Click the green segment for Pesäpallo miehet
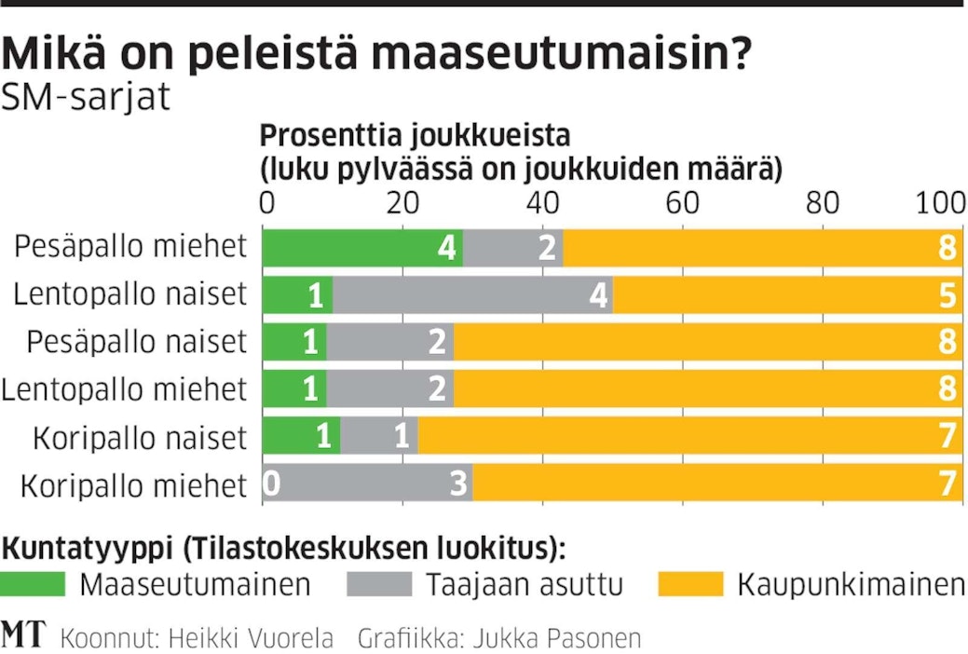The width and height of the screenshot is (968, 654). pos(362,247)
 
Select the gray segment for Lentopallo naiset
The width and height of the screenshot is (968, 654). pos(472,294)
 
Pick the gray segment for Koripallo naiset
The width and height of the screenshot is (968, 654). pos(378,437)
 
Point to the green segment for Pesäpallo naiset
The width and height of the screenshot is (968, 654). pos(294,342)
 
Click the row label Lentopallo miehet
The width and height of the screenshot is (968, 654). pos(125,389)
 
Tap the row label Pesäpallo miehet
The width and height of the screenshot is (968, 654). pos(131,247)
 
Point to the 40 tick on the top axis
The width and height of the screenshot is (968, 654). pos(542,202)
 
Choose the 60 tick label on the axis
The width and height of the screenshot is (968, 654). pos(683,202)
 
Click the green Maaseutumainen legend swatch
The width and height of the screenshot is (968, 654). pos(34,585)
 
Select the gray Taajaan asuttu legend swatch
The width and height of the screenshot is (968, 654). pos(378,585)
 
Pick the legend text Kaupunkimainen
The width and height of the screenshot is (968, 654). pos(851,585)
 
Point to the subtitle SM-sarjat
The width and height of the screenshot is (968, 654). pos(87,96)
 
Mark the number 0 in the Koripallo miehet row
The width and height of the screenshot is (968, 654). pos(272,484)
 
